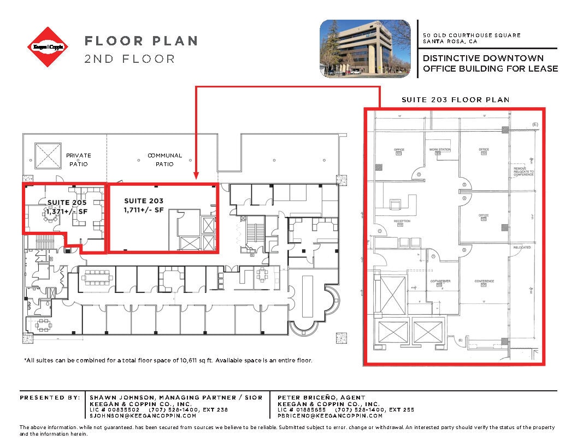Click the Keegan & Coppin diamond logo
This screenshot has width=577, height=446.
point(49,48)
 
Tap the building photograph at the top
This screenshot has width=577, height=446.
point(364,48)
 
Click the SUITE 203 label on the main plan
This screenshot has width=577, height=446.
point(144,201)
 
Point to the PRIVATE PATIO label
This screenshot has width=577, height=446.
point(79,160)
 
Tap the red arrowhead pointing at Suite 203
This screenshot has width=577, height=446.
point(196,177)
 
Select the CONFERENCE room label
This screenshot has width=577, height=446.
point(484,281)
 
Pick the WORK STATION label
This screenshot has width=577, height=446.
point(439,150)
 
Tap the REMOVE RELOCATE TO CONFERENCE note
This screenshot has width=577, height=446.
point(523,172)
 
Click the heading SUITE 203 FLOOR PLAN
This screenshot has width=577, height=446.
point(455,100)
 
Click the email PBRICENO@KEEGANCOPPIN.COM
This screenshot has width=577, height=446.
point(330,415)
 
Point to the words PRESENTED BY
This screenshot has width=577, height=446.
point(50,397)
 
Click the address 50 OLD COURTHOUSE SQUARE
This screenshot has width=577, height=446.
point(472,36)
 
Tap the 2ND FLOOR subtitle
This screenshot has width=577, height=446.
point(129,58)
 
